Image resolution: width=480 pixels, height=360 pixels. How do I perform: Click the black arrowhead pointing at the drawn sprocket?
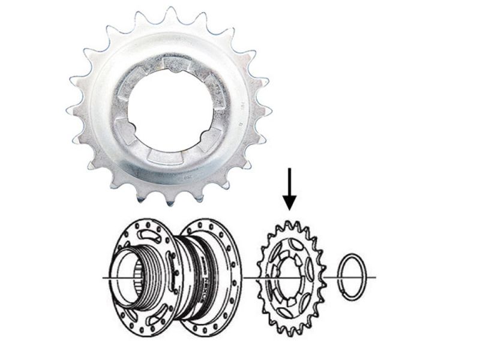(x=290, y=203)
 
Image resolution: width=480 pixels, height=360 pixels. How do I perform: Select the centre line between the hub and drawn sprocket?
(x=249, y=277)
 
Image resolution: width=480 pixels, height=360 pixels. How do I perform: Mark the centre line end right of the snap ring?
(x=374, y=277)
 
